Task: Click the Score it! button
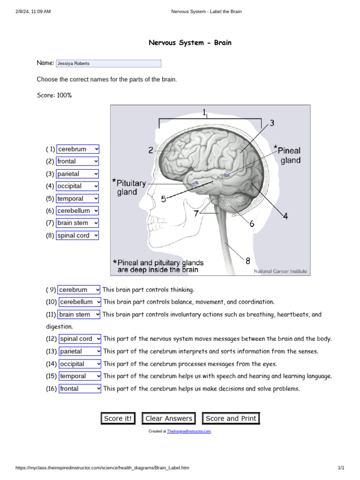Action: point(118,419)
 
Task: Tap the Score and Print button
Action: point(231,419)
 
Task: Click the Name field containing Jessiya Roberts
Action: point(108,63)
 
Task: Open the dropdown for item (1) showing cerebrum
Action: point(78,149)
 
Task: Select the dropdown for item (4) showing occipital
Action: point(78,186)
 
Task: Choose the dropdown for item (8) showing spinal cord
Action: point(78,236)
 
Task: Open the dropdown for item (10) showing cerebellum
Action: point(80,302)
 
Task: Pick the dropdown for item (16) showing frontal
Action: point(80,389)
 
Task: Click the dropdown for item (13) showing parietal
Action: point(80,351)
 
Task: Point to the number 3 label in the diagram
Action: point(272,123)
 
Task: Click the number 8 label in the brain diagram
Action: point(247,261)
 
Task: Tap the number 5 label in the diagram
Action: point(164,199)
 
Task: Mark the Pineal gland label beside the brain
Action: point(289,155)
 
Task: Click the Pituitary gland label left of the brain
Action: point(130,187)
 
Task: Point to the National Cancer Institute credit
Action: point(280,271)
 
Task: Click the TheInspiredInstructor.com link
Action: point(189,431)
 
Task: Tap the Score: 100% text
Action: point(54,95)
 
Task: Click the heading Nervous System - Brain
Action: point(190,43)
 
